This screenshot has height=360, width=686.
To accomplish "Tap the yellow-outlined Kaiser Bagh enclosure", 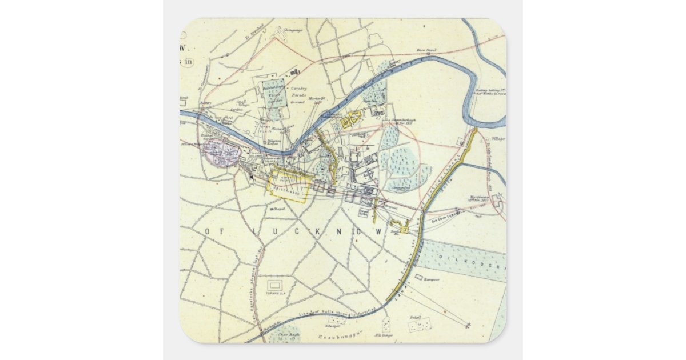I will coord(290,185).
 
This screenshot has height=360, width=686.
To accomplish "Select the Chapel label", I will coord(279,209).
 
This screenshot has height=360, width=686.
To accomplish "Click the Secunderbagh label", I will coord(405,121).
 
